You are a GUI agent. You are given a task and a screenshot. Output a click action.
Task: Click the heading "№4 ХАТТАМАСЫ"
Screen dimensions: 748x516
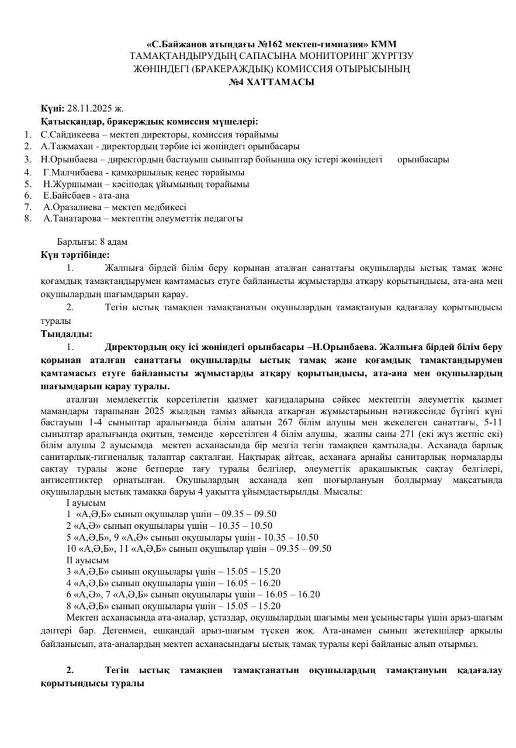pyautogui.click(x=271, y=83)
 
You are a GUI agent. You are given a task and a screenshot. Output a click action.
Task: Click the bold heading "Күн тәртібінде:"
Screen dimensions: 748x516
pyautogui.click(x=75, y=254)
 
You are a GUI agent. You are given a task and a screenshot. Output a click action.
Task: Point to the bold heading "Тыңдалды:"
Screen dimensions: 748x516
pyautogui.click(x=66, y=334)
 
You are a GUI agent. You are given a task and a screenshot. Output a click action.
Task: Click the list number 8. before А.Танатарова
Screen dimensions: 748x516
pyautogui.click(x=27, y=219)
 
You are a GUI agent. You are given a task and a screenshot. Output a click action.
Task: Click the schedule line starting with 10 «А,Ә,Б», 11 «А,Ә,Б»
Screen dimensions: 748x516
pyautogui.click(x=199, y=549)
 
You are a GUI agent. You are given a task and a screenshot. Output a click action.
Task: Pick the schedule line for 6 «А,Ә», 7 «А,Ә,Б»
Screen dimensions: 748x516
pyautogui.click(x=193, y=594)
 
